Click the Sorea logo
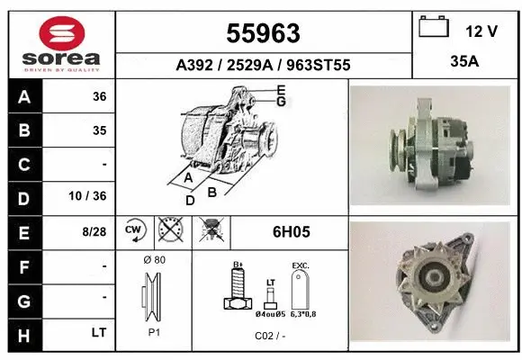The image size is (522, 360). [61, 44]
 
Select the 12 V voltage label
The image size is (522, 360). [481, 31]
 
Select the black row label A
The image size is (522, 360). [24, 97]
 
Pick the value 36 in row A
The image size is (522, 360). [99, 97]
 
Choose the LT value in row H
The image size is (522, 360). [99, 332]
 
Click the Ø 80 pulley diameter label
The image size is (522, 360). [153, 260]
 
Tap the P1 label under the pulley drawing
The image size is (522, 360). [153, 331]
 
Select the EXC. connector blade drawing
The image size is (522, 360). [300, 290]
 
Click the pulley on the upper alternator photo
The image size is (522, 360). [397, 144]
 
